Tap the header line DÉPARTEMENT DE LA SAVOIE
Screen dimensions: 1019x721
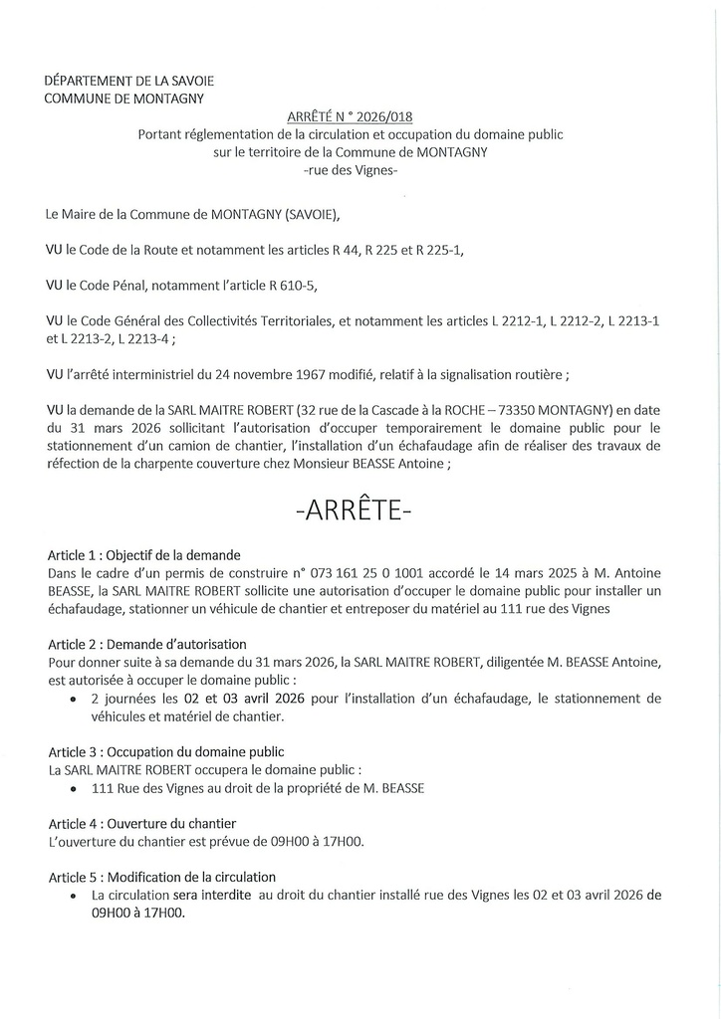click(129, 80)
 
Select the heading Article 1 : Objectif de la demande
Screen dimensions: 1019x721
click(144, 554)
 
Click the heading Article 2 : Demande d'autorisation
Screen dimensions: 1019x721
click(146, 644)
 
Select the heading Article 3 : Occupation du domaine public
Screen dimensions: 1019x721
click(165, 751)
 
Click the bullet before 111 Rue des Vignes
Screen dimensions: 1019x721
click(76, 788)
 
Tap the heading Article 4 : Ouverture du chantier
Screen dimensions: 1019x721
click(142, 823)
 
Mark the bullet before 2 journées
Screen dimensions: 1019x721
click(76, 699)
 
